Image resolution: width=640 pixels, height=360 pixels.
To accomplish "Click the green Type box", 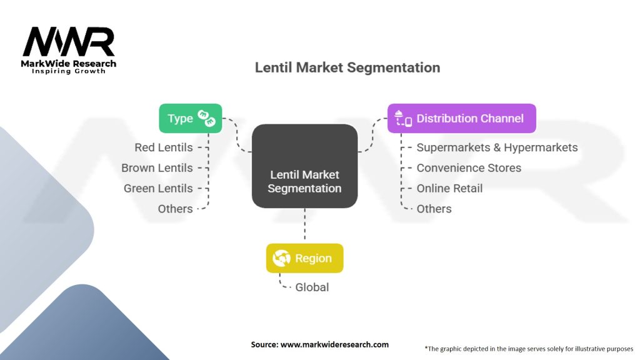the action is coord(190,118).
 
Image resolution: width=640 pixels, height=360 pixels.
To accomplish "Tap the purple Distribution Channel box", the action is coord(461,118).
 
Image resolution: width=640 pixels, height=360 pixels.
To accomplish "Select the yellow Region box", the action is coord(304,258).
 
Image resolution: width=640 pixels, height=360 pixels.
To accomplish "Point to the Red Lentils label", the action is coord(164,148).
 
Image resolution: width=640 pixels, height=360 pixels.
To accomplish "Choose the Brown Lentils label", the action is coord(157,168).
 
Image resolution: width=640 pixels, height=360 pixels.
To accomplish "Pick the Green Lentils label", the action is coord(158,188).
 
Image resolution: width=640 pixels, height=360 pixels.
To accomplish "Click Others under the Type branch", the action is coord(175,209).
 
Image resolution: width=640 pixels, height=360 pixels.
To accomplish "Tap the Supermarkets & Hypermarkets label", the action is coord(497,148).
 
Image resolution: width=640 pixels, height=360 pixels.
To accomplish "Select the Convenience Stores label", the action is coord(469,168).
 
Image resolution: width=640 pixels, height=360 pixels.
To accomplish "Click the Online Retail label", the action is coord(449,188).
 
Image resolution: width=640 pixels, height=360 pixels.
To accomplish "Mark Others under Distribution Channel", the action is coord(434,209).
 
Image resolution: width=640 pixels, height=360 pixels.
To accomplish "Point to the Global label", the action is coord(312,287).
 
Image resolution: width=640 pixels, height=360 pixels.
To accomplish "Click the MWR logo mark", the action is coord(69,42).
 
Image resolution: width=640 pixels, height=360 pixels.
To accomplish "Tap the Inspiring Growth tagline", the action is coord(69,71).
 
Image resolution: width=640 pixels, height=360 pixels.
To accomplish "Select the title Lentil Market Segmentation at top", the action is coord(347,67).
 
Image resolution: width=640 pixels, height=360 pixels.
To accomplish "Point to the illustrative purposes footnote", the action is coord(529,348).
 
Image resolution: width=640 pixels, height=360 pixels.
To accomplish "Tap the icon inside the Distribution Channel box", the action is coord(403,118).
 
